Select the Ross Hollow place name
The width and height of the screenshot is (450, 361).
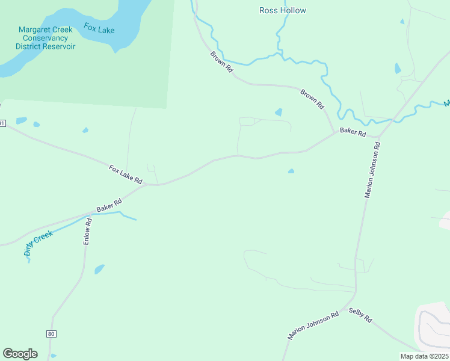[282, 10]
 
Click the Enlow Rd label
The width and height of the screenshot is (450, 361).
[88, 230]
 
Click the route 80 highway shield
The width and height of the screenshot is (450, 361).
[51, 333]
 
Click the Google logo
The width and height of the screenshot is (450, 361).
[20, 354]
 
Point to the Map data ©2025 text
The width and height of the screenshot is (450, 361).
[424, 356]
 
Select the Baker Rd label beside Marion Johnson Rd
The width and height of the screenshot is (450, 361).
[353, 132]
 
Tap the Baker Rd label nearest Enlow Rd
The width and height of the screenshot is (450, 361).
[109, 205]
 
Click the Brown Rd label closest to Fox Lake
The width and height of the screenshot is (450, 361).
[221, 62]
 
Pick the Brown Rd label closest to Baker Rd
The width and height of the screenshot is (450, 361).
[312, 99]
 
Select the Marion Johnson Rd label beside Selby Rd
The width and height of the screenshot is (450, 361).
[313, 326]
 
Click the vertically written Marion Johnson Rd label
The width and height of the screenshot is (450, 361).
[373, 170]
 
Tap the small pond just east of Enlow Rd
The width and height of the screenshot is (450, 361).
[99, 269]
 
